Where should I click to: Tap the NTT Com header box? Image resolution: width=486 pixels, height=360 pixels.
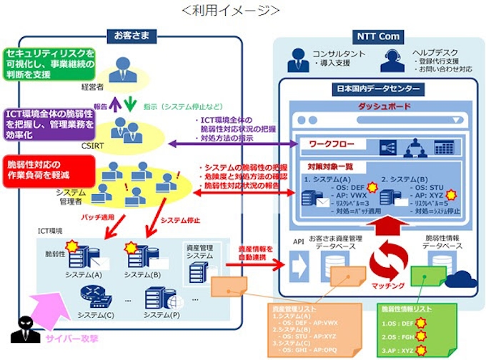tap(378, 36)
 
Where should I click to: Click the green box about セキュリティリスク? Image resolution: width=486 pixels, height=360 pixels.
tap(49, 64)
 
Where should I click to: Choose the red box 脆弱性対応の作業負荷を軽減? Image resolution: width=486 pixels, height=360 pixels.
tap(46, 169)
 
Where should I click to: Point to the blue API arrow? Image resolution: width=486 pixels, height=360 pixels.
tap(298, 266)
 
